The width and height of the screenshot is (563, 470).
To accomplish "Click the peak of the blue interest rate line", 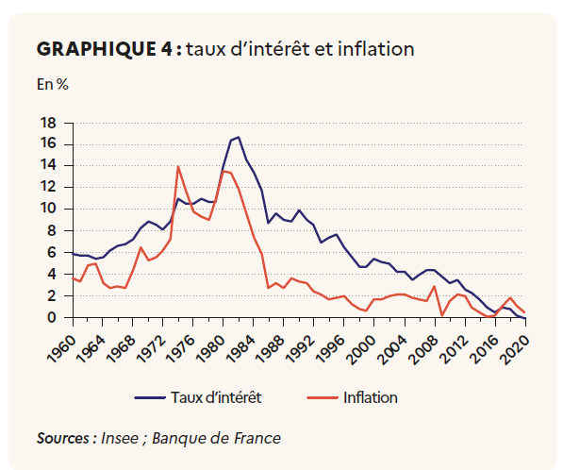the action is pos(239,137).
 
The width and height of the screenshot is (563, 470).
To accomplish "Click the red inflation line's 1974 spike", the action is pos(177,166).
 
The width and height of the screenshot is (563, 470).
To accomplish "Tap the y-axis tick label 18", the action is pos(48,124).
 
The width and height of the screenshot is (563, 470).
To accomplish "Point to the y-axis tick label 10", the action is pos(48,209).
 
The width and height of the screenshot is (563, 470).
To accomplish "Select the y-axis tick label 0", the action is pos(52,318).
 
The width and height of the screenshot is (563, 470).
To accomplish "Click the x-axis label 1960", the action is pos(61,349).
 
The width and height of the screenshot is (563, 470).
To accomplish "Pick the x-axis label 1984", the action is pos(242,349).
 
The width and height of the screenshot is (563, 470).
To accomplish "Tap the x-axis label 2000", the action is pos(363,349).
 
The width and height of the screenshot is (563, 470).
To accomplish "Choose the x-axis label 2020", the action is pos(514,349).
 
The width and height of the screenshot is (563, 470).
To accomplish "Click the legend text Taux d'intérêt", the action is pos(216,397).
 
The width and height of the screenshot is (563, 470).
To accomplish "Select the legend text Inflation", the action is pos(371,397).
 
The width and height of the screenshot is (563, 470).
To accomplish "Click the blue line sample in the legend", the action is pos(150,397).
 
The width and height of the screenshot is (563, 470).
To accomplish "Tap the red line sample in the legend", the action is pos(323,397).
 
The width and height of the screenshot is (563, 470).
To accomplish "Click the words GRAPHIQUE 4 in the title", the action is pos(105,49).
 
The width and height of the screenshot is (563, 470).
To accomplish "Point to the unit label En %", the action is pos(53,84).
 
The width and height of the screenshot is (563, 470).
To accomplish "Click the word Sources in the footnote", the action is pos(63,438).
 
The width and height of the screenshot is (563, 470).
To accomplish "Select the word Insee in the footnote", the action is pos(120,438).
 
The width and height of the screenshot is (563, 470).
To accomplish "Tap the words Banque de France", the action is pos(216,438).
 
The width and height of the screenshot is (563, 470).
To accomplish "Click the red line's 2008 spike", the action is pos(434,287).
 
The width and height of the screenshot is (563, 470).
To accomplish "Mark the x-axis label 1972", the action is pos(152,349).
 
